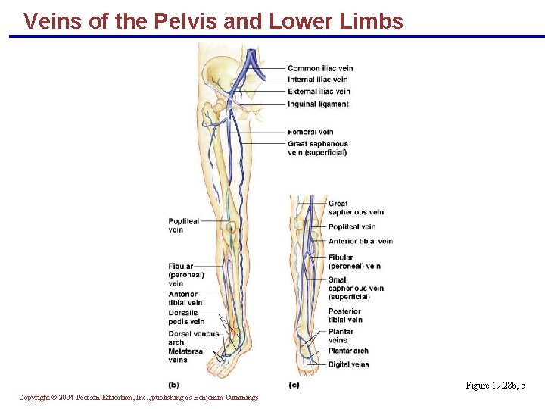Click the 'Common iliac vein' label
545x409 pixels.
pos(320,68)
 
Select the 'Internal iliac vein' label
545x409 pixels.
pos(317,80)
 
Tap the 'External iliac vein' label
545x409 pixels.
pos(319,92)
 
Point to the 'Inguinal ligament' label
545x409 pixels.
pos(318,104)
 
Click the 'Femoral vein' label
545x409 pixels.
pos(310,132)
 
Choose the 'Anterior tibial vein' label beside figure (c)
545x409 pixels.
pos(360,242)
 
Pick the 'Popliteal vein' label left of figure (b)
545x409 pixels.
pos(183,226)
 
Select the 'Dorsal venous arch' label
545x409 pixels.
pos(193,337)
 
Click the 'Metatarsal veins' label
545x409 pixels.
pos(186,355)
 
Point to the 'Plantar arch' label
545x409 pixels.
pos(348,351)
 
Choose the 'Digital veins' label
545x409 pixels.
pos(348,364)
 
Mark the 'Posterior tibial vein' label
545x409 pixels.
pos(345,315)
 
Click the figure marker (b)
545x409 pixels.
pos(173,386)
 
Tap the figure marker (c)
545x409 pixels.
pos(294,386)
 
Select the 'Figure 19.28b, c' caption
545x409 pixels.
pos(495,386)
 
